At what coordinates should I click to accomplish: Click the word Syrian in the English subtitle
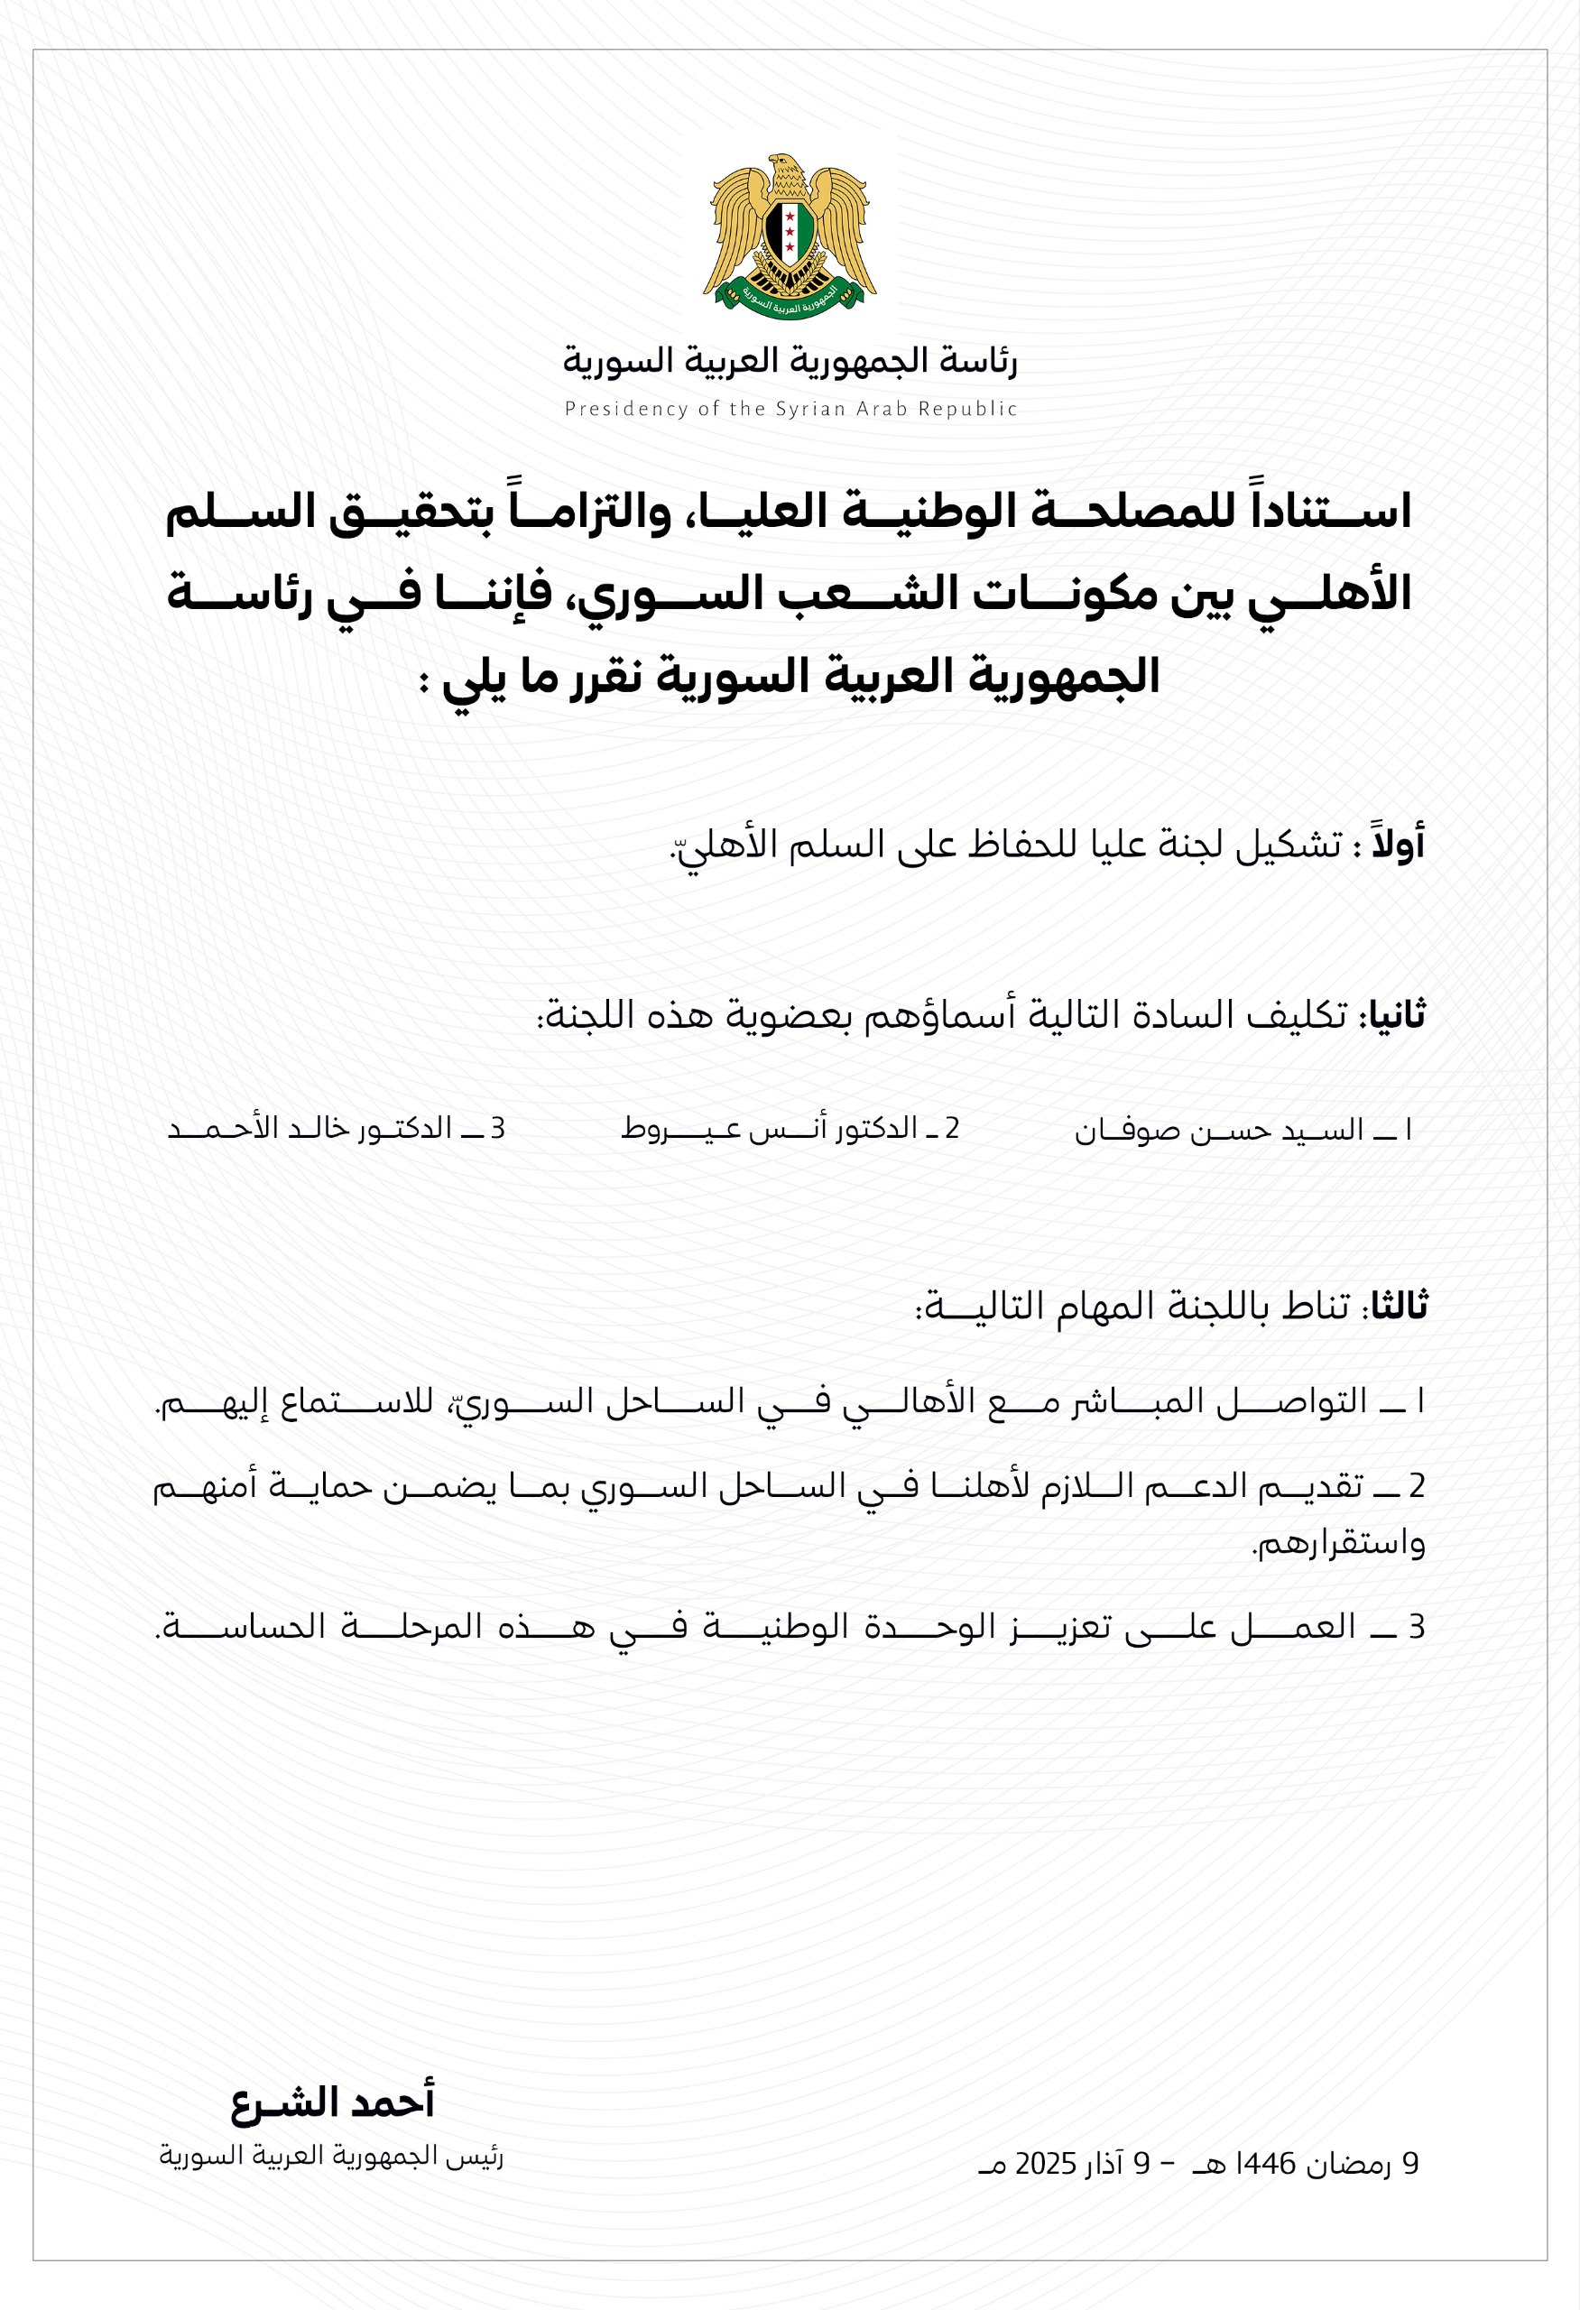[x=807, y=409]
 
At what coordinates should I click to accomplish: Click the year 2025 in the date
[x=1047, y=2164]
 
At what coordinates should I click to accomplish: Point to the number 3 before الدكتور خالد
[x=498, y=1129]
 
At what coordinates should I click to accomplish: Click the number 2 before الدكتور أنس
[x=952, y=1129]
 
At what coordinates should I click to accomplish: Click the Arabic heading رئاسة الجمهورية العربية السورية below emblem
[x=790, y=360]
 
